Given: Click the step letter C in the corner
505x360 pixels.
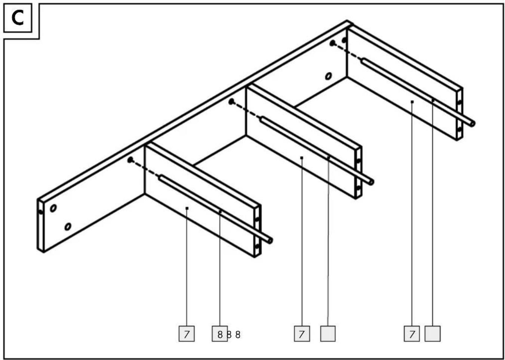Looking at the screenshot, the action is (x=17, y=18).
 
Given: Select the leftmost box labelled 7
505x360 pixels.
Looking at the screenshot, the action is (x=187, y=333).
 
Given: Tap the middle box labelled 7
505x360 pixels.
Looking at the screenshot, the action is (x=302, y=333).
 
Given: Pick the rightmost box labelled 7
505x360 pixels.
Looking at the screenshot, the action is (x=412, y=333).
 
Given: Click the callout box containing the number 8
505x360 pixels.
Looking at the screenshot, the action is (x=219, y=333).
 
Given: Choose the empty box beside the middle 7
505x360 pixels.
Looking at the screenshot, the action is (x=328, y=333).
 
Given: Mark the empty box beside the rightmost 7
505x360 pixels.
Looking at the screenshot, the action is (x=432, y=333).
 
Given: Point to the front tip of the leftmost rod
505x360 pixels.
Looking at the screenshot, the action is (x=270, y=240).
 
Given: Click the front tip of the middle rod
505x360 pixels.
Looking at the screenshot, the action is (x=371, y=182).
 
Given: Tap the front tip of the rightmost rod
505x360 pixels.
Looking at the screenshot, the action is (x=472, y=124).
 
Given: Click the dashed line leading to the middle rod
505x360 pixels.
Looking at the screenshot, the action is (x=246, y=109).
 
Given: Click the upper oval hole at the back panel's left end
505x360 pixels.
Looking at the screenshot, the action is (x=53, y=208).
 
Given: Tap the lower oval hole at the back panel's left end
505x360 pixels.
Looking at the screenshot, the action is (x=68, y=226).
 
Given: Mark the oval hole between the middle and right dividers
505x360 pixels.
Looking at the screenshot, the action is (x=329, y=76).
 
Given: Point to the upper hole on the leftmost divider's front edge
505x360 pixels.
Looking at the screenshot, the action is (x=257, y=219).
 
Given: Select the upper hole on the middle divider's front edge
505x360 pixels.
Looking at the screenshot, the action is (x=358, y=161).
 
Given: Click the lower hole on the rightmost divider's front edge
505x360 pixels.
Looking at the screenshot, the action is (x=459, y=130).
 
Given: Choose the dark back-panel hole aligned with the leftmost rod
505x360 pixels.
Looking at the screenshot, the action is (x=130, y=160).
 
